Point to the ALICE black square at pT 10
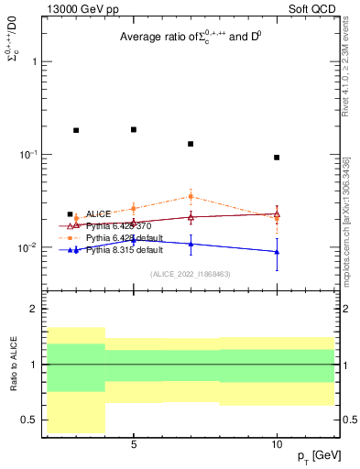[x=277, y=158]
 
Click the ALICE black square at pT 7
[x=191, y=144]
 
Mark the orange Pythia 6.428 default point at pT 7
[x=191, y=196]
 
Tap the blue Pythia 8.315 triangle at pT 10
[x=277, y=252]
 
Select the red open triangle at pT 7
[x=191, y=217]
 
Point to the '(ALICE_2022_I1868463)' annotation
[x=190, y=274]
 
